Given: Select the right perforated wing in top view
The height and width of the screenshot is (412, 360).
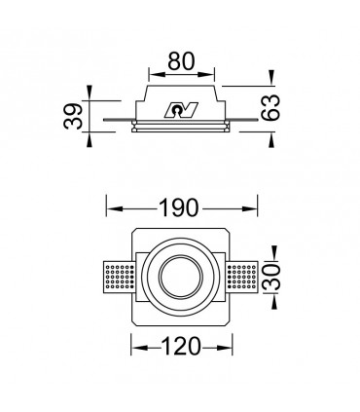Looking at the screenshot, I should [244, 279].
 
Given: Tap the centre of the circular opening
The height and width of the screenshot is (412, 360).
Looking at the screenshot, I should [182, 279].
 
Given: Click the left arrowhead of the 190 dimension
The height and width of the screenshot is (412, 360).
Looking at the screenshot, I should [109, 208].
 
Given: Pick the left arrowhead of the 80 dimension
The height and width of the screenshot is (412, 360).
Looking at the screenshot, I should [151, 72].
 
